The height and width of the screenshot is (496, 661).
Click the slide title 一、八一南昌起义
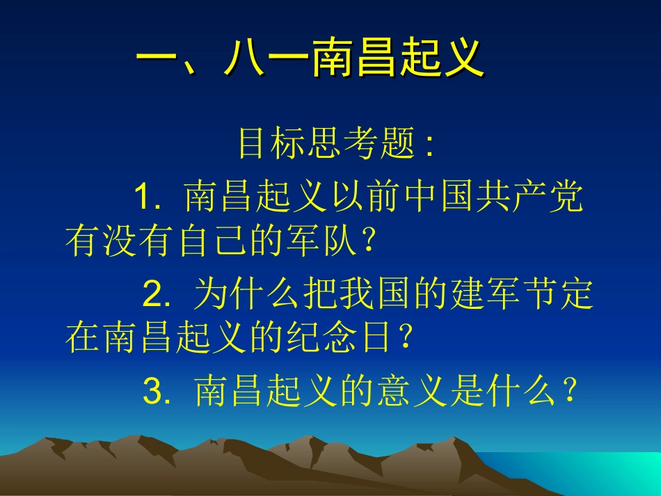(x=310, y=58)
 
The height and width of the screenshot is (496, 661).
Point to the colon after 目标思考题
(x=429, y=145)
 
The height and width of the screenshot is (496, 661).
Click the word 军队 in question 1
(x=327, y=241)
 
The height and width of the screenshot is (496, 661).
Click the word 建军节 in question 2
(x=518, y=294)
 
